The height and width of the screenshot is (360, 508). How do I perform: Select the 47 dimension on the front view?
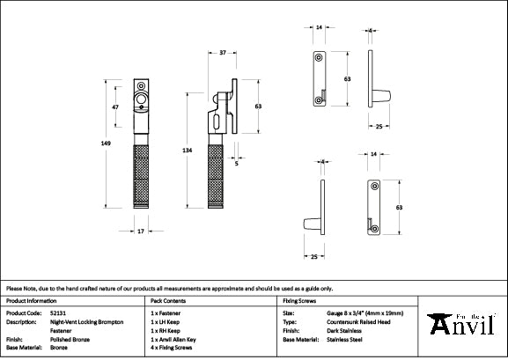coord(114,107)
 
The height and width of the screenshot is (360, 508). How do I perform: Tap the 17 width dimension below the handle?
coord(141,231)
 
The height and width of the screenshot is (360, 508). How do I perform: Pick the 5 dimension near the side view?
coord(237,163)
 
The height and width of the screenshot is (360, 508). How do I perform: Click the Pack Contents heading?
coord(166,300)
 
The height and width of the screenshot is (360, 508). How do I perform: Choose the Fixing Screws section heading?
coord(299,300)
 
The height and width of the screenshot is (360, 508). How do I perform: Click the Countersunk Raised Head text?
coord(382,321)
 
